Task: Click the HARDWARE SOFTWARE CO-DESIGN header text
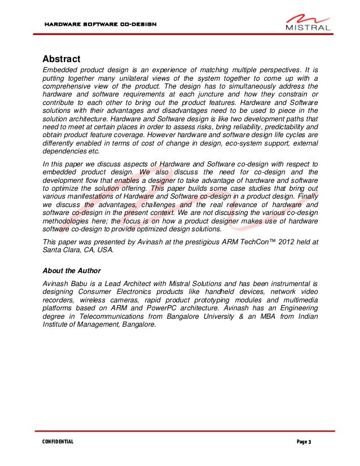(x=96, y=25)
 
